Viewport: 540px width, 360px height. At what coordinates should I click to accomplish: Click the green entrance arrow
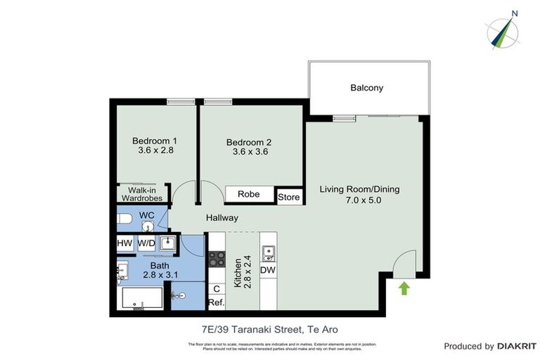pyautogui.click(x=404, y=288)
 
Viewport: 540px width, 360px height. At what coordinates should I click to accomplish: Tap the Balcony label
pyautogui.click(x=366, y=88)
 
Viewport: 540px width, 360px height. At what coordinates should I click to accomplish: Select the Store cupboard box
pyautogui.click(x=288, y=197)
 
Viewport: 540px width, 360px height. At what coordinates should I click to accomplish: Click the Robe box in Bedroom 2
pyautogui.click(x=249, y=194)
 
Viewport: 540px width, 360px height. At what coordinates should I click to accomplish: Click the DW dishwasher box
pyautogui.click(x=267, y=270)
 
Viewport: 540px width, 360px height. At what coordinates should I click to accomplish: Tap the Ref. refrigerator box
pyautogui.click(x=216, y=303)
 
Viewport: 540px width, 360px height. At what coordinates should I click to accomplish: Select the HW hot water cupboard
pyautogui.click(x=124, y=243)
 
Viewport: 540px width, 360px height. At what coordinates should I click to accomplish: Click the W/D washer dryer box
pyautogui.click(x=146, y=243)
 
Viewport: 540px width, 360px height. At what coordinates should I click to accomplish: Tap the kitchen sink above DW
pyautogui.click(x=267, y=251)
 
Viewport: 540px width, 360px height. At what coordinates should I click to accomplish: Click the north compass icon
pyautogui.click(x=503, y=32)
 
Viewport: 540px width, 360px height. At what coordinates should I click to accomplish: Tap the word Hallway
pyautogui.click(x=221, y=218)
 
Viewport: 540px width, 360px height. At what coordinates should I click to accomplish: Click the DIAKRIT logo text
pyautogui.click(x=517, y=346)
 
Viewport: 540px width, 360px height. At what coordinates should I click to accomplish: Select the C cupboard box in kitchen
pyautogui.click(x=216, y=288)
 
